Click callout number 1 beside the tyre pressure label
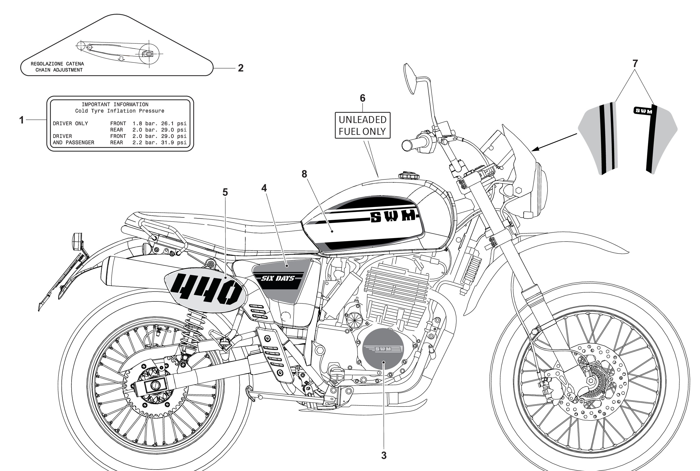[21, 120]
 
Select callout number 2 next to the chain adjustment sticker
[241, 68]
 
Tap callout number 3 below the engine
[384, 455]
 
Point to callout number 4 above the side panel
[264, 188]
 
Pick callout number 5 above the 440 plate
[225, 192]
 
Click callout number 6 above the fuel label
[363, 98]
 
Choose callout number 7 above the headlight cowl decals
[635, 64]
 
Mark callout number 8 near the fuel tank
[304, 174]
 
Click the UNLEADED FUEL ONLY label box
[363, 125]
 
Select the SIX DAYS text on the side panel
[277, 278]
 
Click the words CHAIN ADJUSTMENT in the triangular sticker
[59, 70]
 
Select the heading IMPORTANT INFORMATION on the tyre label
[115, 105]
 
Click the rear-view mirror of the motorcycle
[409, 79]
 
